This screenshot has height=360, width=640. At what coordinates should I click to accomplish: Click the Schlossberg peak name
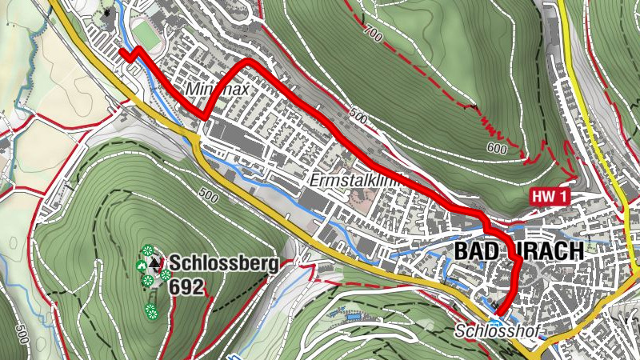223,262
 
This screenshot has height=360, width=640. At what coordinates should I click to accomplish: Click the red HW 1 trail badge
547,196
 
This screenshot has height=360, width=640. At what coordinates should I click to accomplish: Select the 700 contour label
372,33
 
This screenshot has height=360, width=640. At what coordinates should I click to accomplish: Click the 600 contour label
497,149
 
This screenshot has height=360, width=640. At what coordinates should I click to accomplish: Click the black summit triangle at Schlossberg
154,262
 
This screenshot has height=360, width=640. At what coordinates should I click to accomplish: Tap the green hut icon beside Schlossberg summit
142,266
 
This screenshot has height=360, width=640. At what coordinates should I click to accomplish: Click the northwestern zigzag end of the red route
122,52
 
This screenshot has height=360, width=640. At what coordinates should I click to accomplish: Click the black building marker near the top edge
109,14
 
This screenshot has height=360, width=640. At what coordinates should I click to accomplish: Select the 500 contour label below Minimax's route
358,118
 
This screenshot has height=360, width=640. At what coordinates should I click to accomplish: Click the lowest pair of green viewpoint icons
150,310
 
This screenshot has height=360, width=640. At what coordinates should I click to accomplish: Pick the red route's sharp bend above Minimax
248,62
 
